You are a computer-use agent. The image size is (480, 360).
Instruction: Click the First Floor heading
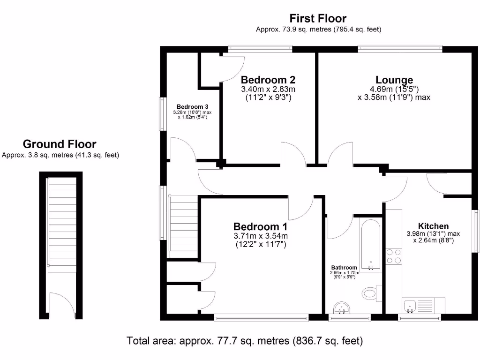click(318, 19)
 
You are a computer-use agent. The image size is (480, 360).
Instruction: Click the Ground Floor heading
click(60, 144)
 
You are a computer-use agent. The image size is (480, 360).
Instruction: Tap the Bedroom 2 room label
click(268, 80)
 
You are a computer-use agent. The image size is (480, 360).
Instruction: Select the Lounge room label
click(394, 80)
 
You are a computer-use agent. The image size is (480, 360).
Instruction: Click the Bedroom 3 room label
click(192, 106)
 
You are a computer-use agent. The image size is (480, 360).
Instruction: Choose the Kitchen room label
click(433, 226)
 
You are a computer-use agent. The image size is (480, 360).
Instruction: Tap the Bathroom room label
click(344, 267)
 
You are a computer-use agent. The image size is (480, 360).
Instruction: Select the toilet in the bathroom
click(370, 293)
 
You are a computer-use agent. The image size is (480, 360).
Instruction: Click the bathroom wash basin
click(344, 308)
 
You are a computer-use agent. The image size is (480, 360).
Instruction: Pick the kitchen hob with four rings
click(393, 257)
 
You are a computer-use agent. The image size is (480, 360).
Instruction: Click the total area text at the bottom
click(245, 341)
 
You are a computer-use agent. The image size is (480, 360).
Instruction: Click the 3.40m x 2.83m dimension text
click(268, 89)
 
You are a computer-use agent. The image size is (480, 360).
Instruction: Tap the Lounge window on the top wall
click(400, 48)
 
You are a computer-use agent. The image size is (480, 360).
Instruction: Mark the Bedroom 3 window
click(162, 114)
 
